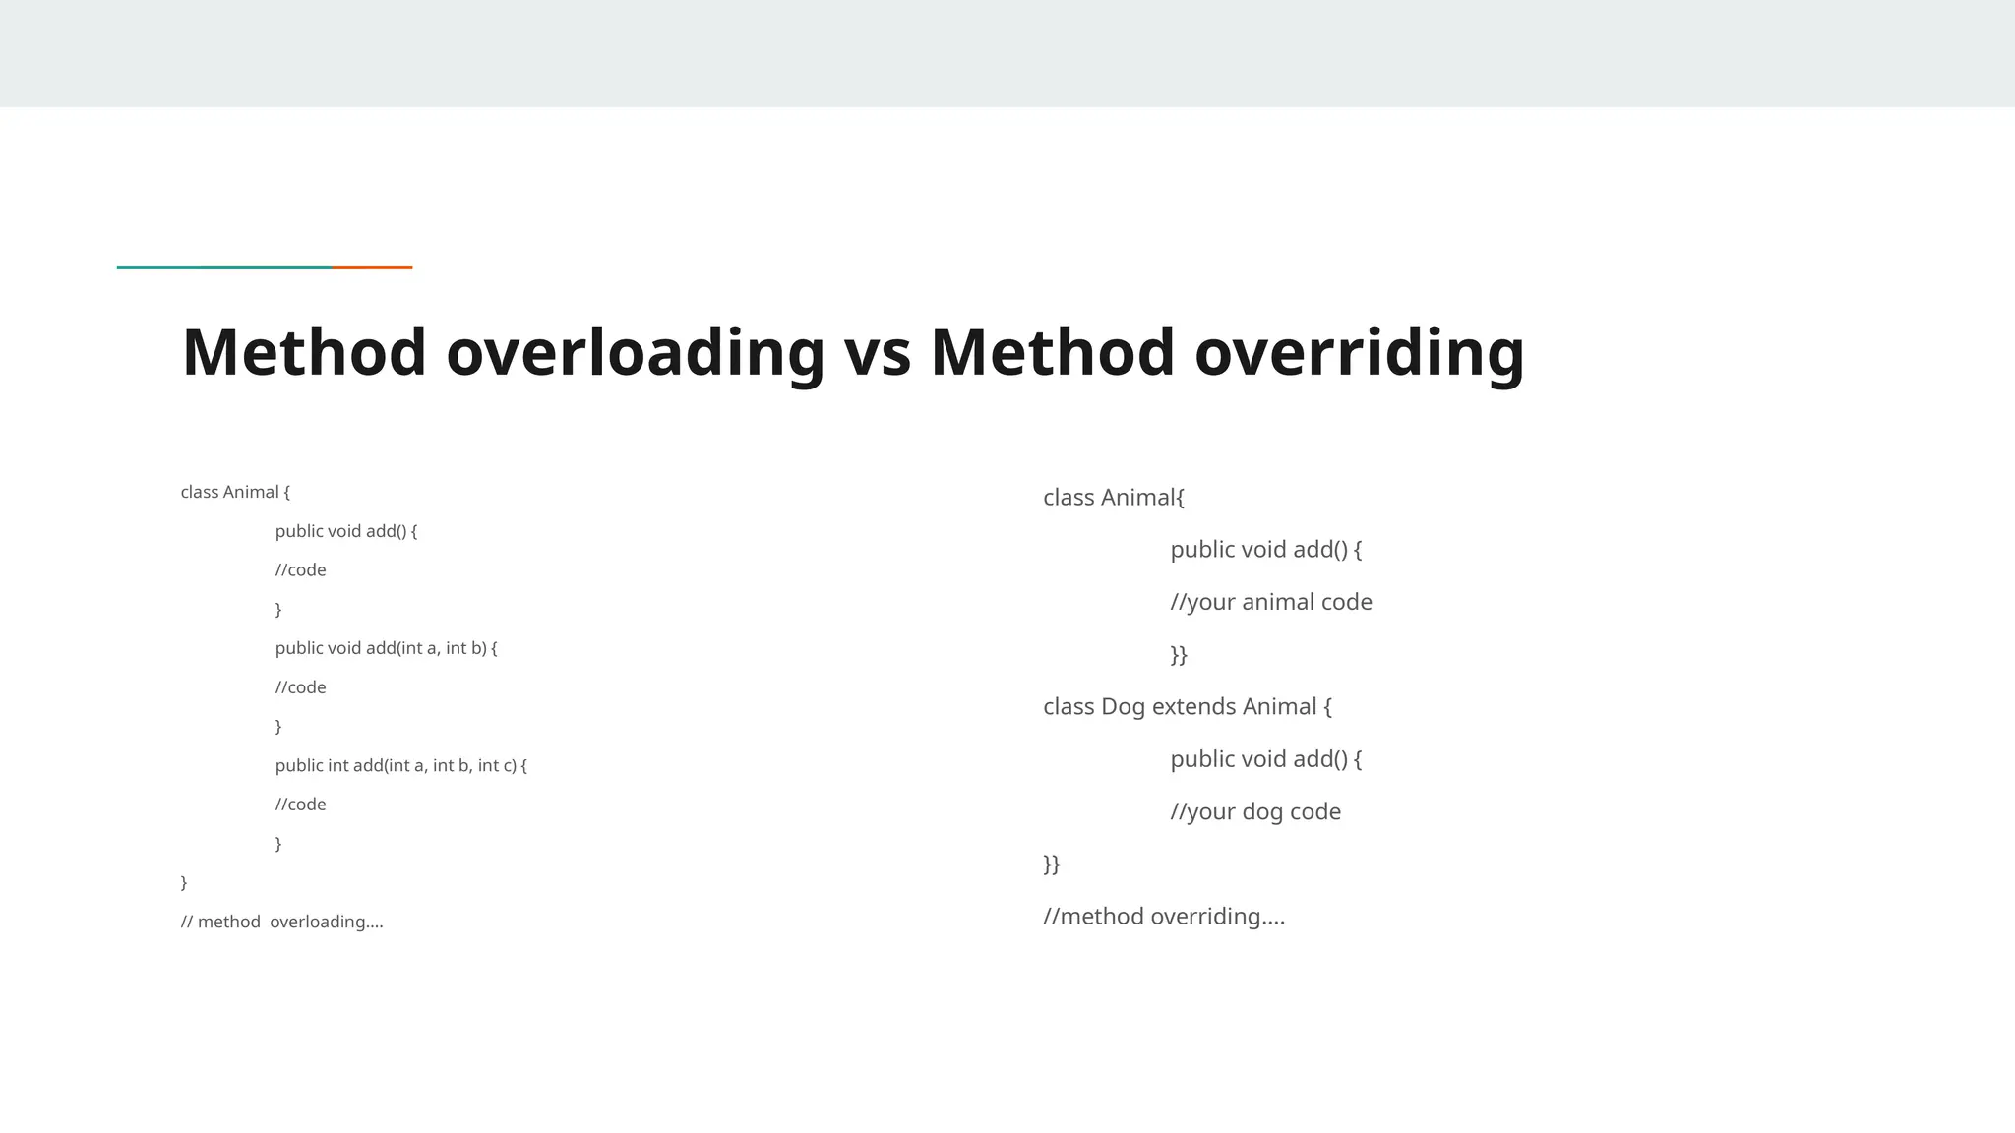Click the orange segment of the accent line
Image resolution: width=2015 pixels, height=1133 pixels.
click(x=372, y=267)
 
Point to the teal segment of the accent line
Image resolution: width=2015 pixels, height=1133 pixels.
click(x=224, y=267)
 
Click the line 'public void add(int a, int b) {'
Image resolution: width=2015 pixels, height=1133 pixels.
click(x=386, y=648)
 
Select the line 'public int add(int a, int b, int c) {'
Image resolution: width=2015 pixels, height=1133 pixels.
click(x=400, y=765)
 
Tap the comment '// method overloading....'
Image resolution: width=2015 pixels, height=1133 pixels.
click(x=281, y=922)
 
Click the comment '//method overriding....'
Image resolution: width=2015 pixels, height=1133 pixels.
click(x=1164, y=917)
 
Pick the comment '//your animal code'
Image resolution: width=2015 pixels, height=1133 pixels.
click(x=1270, y=602)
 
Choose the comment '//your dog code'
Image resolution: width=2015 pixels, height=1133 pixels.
click(x=1254, y=811)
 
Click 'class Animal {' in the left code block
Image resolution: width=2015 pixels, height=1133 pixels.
click(x=235, y=492)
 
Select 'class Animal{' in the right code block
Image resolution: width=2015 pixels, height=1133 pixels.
click(x=1113, y=498)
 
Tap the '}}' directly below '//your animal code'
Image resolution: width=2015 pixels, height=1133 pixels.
click(x=1179, y=655)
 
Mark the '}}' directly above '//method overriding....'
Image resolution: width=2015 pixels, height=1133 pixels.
click(x=1052, y=865)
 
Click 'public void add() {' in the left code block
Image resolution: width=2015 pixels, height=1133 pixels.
click(x=345, y=531)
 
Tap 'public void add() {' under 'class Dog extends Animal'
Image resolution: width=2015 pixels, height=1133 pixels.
click(x=1265, y=759)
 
